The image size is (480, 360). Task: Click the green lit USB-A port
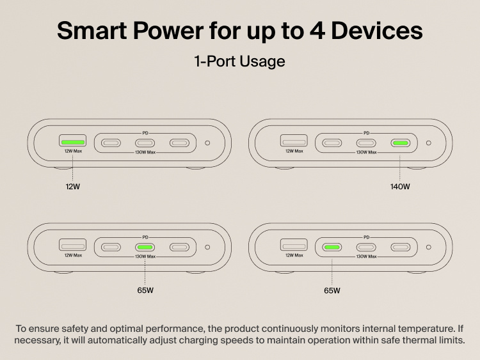coord(73,141)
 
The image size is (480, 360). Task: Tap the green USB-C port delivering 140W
coord(401,143)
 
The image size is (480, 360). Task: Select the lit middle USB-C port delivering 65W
coord(145,247)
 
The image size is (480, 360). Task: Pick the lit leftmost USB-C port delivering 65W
coord(332,247)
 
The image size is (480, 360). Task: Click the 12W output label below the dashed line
coord(73,187)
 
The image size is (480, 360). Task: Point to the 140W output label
coord(400,187)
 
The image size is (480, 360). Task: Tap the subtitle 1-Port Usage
coord(239,62)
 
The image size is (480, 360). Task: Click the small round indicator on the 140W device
coord(428,143)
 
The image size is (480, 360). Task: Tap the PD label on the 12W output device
coord(145,132)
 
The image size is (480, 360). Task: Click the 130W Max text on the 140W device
coord(366,152)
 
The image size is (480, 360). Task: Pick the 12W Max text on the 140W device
coord(294,152)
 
